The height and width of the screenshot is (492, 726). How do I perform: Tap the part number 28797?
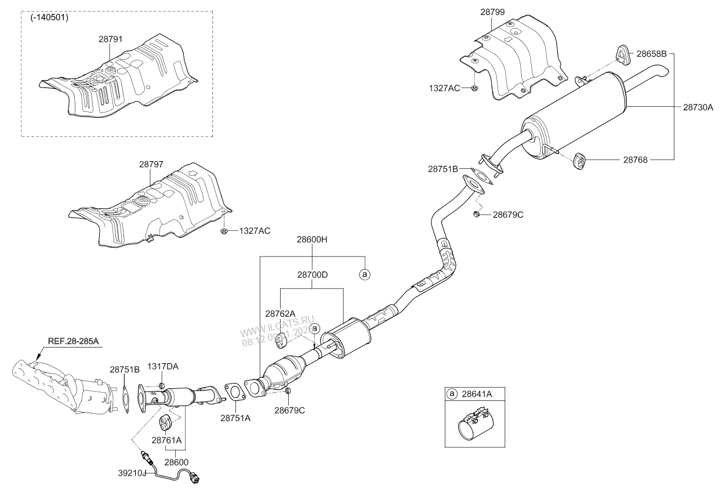pos(151,164)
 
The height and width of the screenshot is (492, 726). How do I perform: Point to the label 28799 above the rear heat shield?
pos(492,11)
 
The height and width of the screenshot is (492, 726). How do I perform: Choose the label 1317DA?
pos(163,367)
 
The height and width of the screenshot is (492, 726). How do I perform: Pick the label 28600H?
pos(313,239)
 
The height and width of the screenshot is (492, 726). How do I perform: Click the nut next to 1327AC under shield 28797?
pos(224,231)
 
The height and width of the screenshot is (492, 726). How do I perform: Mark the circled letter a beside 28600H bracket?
pos(365,274)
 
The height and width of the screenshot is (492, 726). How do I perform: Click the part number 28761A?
pos(167,440)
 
